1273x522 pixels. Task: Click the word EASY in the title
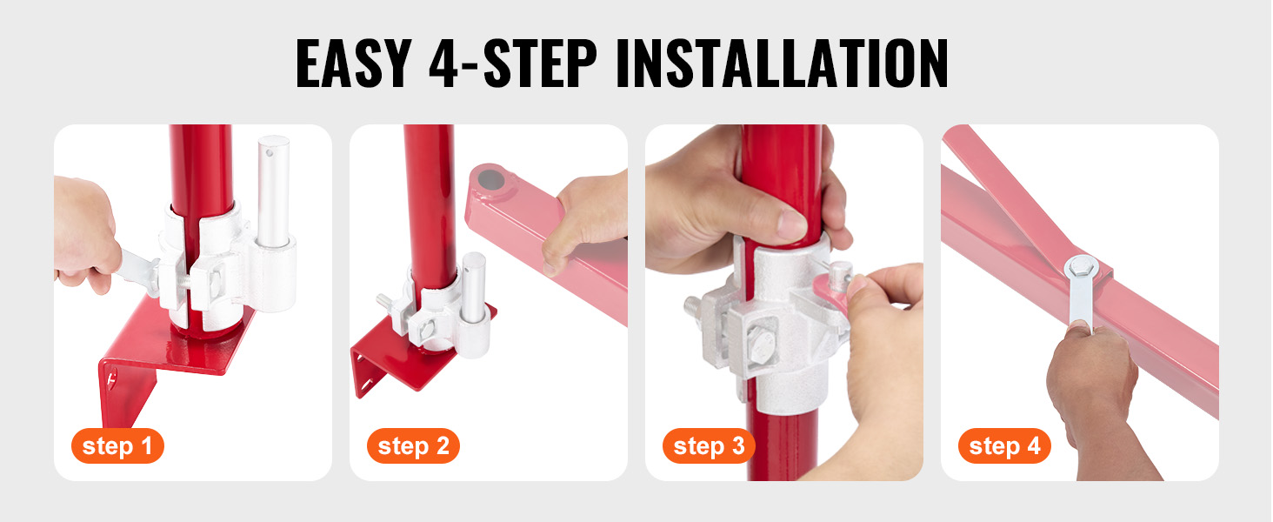(354, 64)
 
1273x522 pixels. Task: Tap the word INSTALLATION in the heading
(782, 64)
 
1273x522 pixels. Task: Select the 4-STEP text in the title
(513, 64)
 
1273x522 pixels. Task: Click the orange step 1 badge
(117, 445)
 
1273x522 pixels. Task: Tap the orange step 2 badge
(413, 445)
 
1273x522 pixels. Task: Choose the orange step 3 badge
(709, 445)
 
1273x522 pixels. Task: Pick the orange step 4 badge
(1004, 445)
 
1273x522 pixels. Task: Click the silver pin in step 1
(273, 191)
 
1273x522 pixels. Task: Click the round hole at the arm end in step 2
(491, 180)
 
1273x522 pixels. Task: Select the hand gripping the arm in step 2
(588, 219)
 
